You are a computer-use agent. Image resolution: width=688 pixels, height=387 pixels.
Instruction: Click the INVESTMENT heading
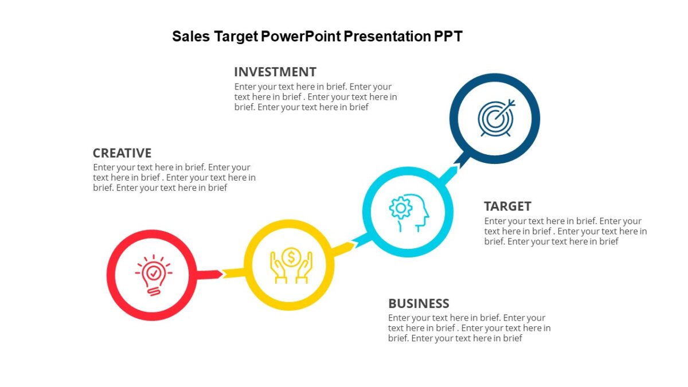coord(275,72)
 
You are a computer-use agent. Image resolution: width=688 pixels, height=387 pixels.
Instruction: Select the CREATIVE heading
coord(122,153)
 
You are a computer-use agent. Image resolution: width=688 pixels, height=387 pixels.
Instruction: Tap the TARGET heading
coord(507,206)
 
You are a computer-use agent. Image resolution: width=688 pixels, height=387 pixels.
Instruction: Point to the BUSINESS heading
coord(419,303)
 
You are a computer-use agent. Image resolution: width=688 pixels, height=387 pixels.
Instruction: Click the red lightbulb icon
coord(153,275)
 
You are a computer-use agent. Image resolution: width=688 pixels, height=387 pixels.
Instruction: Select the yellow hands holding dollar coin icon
coord(291,264)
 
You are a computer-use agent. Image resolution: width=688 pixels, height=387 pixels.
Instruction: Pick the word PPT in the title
coord(448,37)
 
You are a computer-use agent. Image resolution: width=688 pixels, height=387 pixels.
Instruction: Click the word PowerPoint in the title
coord(300,37)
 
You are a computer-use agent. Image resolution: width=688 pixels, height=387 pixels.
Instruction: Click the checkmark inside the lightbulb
coord(153,272)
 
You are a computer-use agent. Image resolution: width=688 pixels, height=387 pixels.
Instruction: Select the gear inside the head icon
coord(400,208)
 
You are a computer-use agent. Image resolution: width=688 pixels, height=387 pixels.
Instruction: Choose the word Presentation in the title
coord(388,37)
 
